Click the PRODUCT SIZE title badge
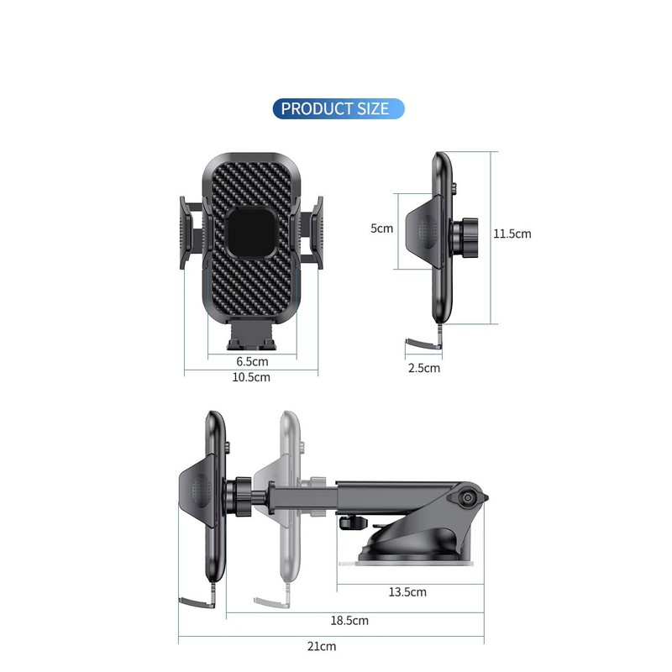tap(338, 108)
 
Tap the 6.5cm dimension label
tap(251, 361)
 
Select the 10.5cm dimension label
tap(251, 377)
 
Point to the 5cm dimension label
tap(382, 228)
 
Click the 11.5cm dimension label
tap(512, 234)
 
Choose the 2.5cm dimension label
tap(424, 368)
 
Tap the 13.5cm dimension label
tap(407, 592)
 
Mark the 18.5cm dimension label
tap(349, 621)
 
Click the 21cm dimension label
tap(322, 646)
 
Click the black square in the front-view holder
tap(250, 233)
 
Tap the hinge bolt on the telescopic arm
tap(465, 498)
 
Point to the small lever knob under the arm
tap(348, 522)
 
